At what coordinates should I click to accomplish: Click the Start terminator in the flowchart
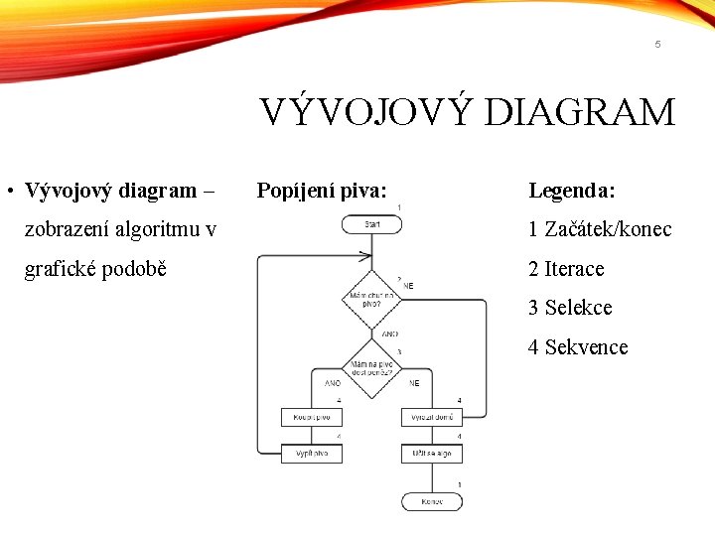[x=371, y=225]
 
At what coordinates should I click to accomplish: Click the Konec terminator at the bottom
[x=432, y=501]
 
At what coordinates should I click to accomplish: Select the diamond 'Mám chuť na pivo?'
[x=371, y=299]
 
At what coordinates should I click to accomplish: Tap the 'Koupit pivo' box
[x=311, y=418]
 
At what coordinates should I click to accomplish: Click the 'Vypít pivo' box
[x=311, y=454]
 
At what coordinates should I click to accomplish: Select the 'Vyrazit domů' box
[x=432, y=418]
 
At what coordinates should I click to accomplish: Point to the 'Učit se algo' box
[x=432, y=454]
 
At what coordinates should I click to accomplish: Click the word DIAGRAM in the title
[x=580, y=112]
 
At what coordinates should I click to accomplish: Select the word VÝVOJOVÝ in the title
[x=366, y=112]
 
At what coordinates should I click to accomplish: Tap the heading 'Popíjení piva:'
[x=322, y=190]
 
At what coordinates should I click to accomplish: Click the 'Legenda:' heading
[x=572, y=190]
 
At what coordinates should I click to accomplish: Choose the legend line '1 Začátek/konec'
[x=600, y=229]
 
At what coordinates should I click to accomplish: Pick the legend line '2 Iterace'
[x=566, y=269]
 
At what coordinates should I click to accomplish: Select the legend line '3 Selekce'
[x=570, y=308]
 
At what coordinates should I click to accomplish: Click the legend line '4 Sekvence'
[x=578, y=347]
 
